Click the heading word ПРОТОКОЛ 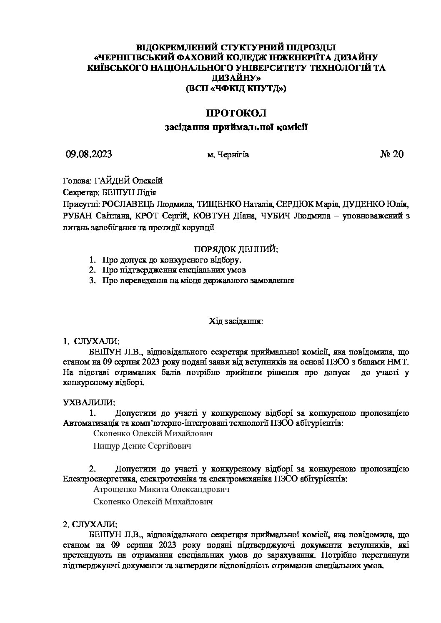pos(236,113)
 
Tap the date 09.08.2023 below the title pos(89,154)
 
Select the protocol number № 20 pos(392,154)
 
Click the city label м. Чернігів pos(228,155)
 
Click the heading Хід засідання pos(236,321)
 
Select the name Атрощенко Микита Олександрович pos(162,489)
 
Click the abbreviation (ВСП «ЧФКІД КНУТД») pos(236,88)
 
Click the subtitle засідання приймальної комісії pos(236,127)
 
